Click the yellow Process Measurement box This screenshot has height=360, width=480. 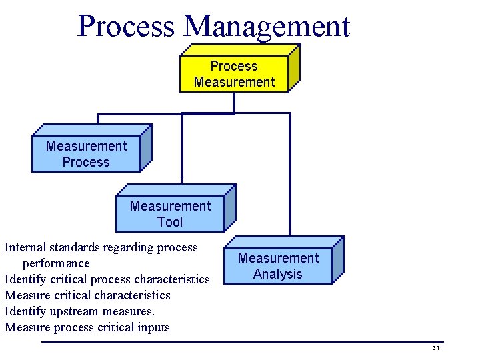(x=234, y=74)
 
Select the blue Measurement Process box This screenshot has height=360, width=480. (x=86, y=154)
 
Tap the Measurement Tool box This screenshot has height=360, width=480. (x=170, y=214)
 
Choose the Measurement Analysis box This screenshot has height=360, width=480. (x=278, y=266)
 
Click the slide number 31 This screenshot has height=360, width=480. (x=435, y=349)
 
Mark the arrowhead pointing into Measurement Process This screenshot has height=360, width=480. (x=98, y=121)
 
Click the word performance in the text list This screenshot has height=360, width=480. (x=56, y=263)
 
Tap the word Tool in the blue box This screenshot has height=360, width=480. (x=170, y=222)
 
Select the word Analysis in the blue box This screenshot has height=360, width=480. (x=278, y=274)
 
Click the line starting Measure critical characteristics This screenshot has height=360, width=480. (x=87, y=295)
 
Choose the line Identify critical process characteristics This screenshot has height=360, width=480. (x=107, y=279)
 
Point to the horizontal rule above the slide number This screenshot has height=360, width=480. (x=240, y=342)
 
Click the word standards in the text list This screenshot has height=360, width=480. (x=77, y=247)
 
